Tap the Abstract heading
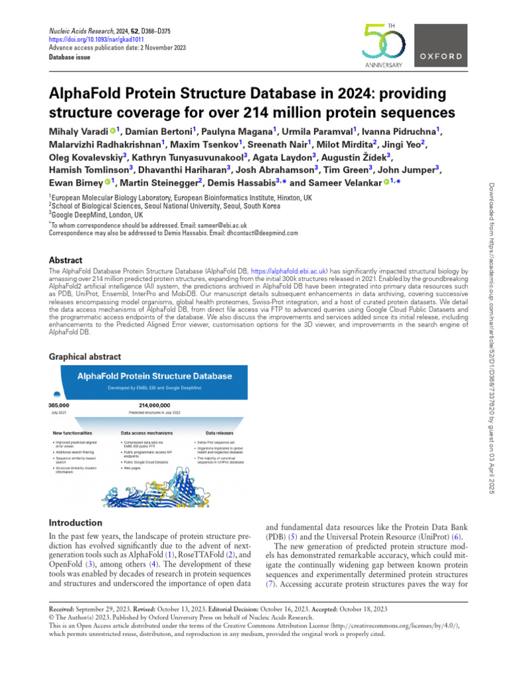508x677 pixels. pyautogui.click(x=66, y=260)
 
